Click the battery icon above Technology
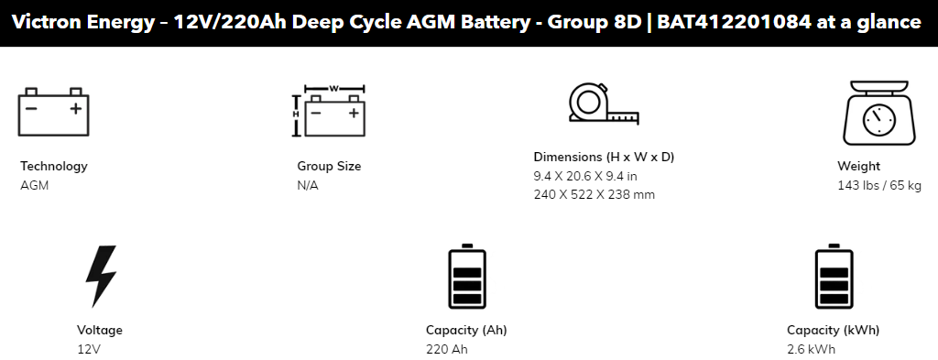(x=53, y=112)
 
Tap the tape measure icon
(x=604, y=104)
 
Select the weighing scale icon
(x=878, y=113)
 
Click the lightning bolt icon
(x=101, y=276)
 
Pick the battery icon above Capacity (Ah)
(x=467, y=276)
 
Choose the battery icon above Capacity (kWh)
(x=834, y=276)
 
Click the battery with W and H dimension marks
(x=329, y=111)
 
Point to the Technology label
(x=54, y=166)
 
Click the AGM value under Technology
(x=34, y=185)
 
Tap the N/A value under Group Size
(x=308, y=185)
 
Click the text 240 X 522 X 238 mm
(x=594, y=194)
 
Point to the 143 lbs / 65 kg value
(x=879, y=185)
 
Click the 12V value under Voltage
(x=89, y=349)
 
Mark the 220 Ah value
(x=446, y=349)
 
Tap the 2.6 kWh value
(x=811, y=349)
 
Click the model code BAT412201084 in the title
(x=735, y=22)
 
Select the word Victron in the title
(x=47, y=22)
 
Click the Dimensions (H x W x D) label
(x=604, y=157)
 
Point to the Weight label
(x=858, y=166)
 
